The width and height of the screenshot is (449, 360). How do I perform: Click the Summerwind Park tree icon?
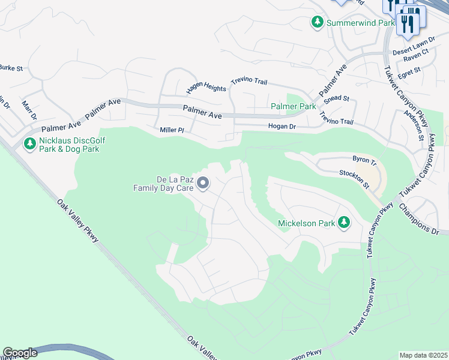pyautogui.click(x=317, y=22)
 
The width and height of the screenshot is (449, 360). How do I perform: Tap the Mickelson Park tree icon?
pyautogui.click(x=344, y=223)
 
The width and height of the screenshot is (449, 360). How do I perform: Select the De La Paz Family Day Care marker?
pyautogui.click(x=203, y=183)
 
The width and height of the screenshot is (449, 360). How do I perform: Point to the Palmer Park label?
pyautogui.click(x=293, y=106)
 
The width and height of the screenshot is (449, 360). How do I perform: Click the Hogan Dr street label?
pyautogui.click(x=282, y=127)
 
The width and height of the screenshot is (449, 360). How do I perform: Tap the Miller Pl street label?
pyautogui.click(x=175, y=130)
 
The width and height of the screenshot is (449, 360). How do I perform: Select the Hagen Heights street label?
pyautogui.click(x=206, y=87)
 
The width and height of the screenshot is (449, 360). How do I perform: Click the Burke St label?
pyautogui.click(x=11, y=68)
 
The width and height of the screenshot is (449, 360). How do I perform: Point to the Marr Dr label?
pyautogui.click(x=29, y=110)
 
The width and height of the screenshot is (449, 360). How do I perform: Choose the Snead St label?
pyautogui.click(x=337, y=98)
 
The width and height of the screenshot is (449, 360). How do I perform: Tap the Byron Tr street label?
pyautogui.click(x=364, y=161)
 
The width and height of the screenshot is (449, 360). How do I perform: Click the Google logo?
pyautogui.click(x=20, y=353)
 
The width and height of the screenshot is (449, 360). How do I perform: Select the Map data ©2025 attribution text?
pyautogui.click(x=423, y=355)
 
